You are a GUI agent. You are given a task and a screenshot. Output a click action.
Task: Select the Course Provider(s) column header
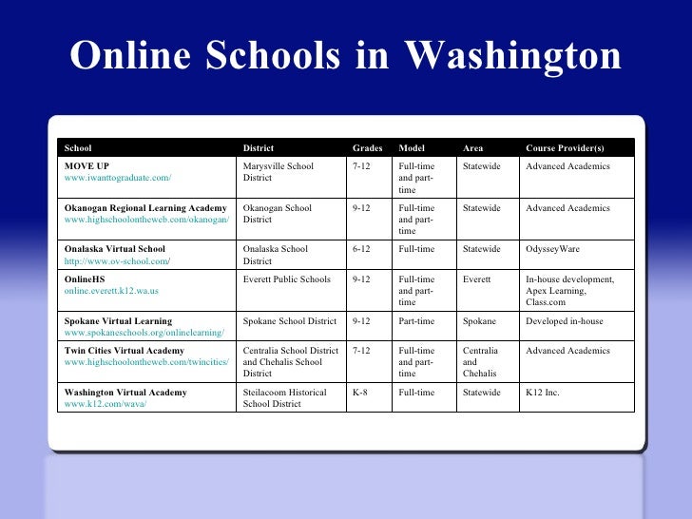pyautogui.click(x=565, y=148)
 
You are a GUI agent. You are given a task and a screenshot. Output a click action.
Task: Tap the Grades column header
pyautogui.click(x=367, y=148)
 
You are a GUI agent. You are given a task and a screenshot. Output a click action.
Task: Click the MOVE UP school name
pyautogui.click(x=86, y=166)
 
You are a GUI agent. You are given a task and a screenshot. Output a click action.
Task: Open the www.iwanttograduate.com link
pyautogui.click(x=117, y=178)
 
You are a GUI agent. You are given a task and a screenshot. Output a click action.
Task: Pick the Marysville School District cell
pyautogui.click(x=279, y=172)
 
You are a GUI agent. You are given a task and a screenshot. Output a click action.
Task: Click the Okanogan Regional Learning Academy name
pyautogui.click(x=145, y=208)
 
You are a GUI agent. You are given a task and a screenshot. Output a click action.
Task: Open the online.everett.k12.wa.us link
pyautogui.click(x=111, y=291)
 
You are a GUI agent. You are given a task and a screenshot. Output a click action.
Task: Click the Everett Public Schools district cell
pyautogui.click(x=287, y=279)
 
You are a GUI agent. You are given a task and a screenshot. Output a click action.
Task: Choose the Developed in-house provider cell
pyautogui.click(x=565, y=321)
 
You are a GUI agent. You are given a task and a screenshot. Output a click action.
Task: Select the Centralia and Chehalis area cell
pyautogui.click(x=480, y=362)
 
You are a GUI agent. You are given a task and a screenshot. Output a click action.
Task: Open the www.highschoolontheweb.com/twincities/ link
pyautogui.click(x=146, y=362)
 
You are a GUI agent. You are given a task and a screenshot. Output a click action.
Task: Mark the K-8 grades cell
pyautogui.click(x=360, y=392)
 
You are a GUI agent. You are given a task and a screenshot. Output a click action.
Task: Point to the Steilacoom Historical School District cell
pyautogui.click(x=285, y=397)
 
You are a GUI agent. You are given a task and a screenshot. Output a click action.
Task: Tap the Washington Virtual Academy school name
pyautogui.click(x=125, y=392)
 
